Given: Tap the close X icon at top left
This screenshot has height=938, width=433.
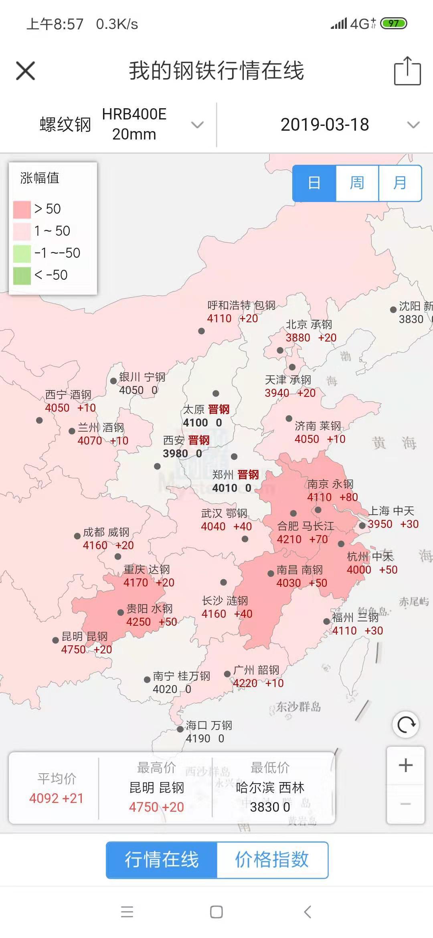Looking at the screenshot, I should click(25, 71).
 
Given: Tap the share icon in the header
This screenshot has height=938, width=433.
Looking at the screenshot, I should click(407, 71).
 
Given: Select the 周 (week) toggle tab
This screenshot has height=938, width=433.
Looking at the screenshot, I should click(357, 183).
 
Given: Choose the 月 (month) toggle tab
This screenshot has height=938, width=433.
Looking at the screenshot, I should click(400, 183).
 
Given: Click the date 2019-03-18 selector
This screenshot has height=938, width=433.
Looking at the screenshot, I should click(325, 125).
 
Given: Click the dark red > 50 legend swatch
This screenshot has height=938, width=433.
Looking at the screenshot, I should click(22, 209).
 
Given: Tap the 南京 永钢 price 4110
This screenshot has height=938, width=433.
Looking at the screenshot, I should click(320, 497).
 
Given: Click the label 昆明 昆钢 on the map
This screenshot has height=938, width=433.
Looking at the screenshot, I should click(85, 637).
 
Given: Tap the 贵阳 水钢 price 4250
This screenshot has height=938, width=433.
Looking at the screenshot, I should click(139, 622).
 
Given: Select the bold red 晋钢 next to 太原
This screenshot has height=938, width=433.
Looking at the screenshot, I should click(219, 409).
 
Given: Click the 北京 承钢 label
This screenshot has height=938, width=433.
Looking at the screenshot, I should click(309, 325).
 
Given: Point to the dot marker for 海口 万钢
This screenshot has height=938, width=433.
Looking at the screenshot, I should click(180, 729).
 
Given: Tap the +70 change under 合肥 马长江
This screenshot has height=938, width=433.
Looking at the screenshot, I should click(319, 540).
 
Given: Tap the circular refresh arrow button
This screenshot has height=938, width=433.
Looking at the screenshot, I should click(406, 725).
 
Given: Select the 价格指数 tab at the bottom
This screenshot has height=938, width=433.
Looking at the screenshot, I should click(272, 860).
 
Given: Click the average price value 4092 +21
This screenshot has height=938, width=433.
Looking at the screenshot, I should click(56, 798).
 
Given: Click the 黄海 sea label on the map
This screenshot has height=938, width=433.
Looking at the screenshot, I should click(395, 443).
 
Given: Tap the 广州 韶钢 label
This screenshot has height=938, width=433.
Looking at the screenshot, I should click(256, 670).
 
